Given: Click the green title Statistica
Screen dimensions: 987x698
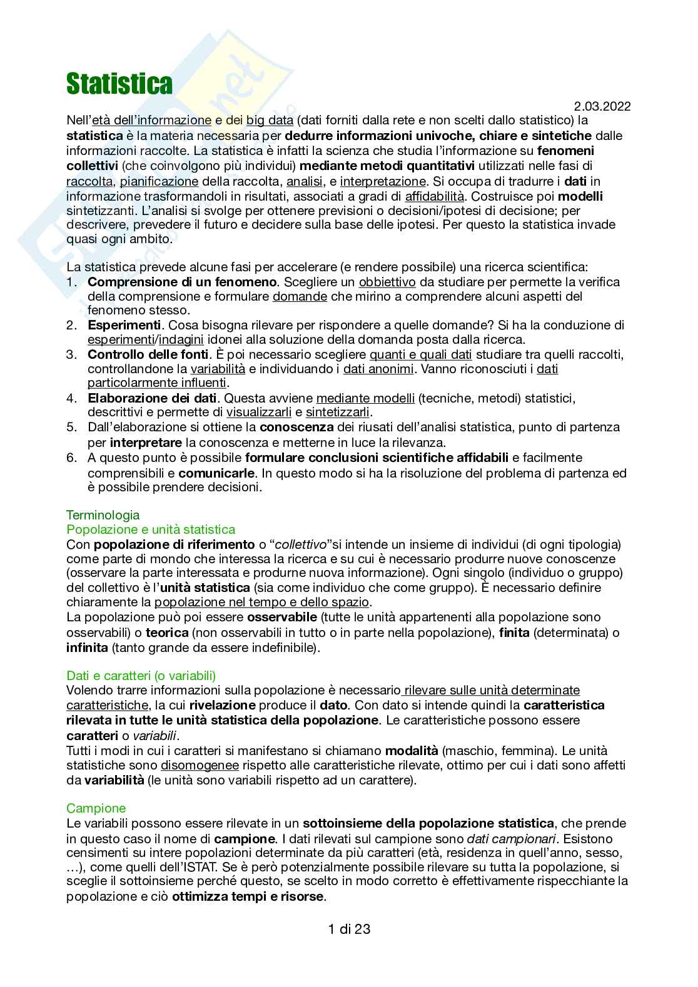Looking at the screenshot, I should (x=119, y=84).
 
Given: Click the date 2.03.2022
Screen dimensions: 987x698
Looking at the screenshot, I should (x=601, y=107).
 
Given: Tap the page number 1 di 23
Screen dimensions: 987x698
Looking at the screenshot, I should (x=349, y=929).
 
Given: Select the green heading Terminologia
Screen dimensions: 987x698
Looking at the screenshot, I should (x=103, y=515).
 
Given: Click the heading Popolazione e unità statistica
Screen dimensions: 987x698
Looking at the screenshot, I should (x=151, y=529).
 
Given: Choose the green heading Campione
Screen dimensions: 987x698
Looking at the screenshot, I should (x=96, y=808).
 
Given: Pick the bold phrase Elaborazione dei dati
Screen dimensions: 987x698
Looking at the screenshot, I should (x=152, y=398).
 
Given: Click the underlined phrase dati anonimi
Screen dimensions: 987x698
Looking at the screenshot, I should (x=378, y=369).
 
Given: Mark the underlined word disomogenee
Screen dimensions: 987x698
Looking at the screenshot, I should (x=200, y=765).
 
